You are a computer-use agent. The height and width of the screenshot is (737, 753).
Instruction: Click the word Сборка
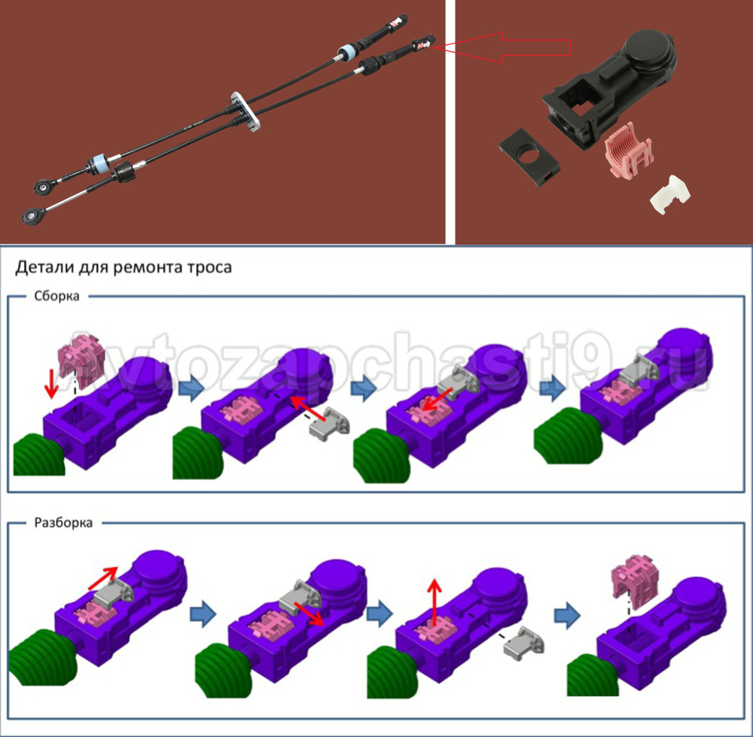coord(56,296)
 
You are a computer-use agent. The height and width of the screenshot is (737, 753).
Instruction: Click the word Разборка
coord(63,522)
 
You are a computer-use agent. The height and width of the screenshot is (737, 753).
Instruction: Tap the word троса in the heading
coord(209,267)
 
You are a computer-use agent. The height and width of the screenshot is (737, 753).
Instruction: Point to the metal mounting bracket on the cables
coord(245,112)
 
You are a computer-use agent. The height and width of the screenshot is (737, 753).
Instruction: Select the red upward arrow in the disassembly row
coord(434,602)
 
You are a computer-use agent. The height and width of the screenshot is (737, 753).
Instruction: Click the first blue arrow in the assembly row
coord(191,389)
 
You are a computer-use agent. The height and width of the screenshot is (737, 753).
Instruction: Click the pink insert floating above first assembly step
coord(81,360)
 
